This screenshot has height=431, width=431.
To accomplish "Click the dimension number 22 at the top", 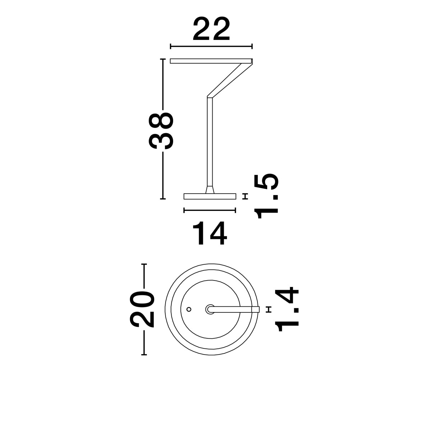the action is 211,29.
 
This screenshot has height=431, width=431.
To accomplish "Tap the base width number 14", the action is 209,233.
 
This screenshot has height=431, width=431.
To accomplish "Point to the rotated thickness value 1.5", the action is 266,196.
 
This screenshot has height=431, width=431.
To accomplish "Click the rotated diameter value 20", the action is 142,309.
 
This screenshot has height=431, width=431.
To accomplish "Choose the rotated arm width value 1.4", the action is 287,309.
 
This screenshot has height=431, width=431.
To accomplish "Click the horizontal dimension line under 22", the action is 211,47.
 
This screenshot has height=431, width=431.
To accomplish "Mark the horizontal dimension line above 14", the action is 209,210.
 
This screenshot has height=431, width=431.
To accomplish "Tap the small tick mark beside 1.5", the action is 246,196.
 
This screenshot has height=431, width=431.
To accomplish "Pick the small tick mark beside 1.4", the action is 269,309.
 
